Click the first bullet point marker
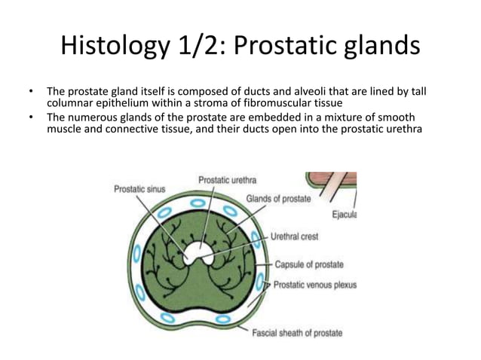tap(31, 92)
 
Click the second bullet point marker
tap(31, 117)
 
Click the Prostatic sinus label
tap(140, 190)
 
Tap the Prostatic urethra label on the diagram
tap(227, 180)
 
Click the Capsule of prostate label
tap(308, 264)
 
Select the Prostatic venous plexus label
tap(315, 285)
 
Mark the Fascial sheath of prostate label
tap(296, 333)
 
